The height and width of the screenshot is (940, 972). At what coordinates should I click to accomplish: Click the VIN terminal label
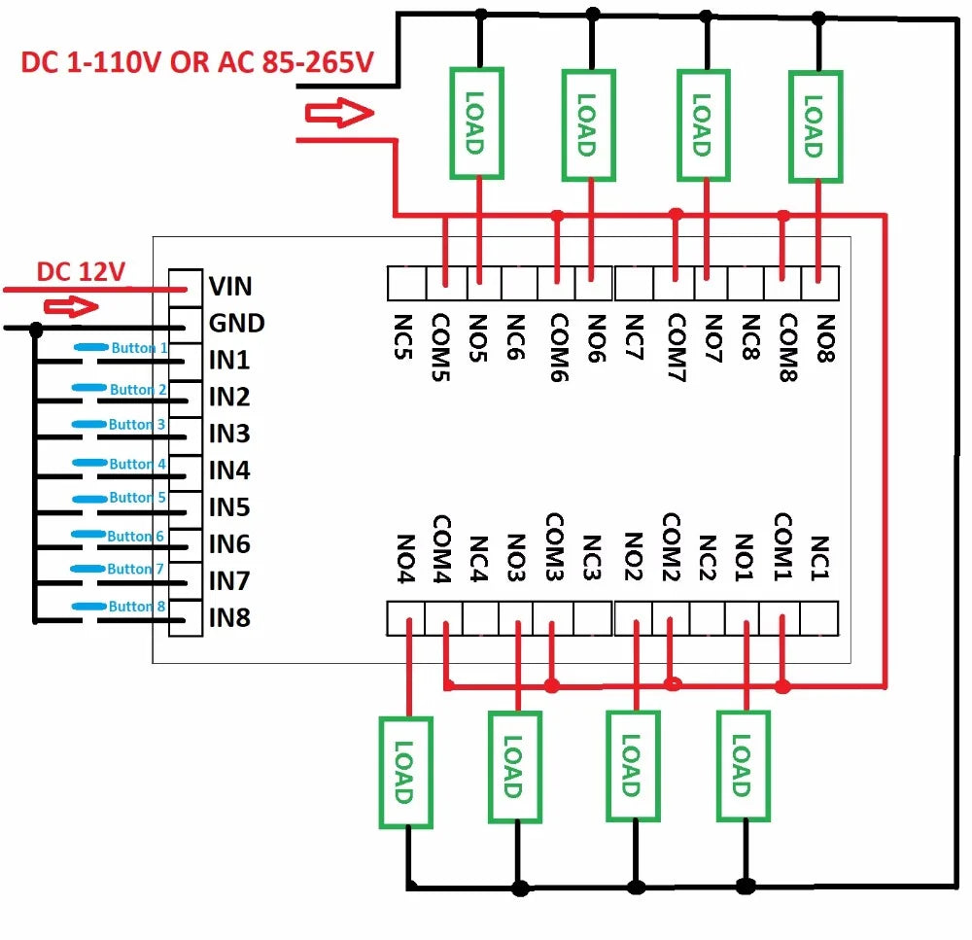tap(230, 286)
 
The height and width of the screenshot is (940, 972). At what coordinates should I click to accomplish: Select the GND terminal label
tap(236, 323)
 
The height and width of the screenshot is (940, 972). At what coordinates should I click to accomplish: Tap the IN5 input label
tap(229, 507)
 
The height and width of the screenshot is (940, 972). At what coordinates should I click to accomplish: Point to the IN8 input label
tap(229, 617)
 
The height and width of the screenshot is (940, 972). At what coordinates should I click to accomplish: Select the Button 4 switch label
tap(138, 465)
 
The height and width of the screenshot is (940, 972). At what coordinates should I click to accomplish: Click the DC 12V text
tap(81, 272)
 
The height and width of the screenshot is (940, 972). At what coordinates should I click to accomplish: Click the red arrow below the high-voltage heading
tap(339, 115)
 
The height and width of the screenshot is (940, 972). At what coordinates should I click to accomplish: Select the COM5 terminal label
tap(442, 346)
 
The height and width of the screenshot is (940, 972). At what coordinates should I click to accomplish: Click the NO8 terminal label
tap(824, 336)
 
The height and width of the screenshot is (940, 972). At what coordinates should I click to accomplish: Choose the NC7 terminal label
tap(634, 336)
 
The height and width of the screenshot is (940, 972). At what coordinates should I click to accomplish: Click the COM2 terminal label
tap(671, 545)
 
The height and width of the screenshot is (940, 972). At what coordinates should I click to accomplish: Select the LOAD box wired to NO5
tap(476, 123)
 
